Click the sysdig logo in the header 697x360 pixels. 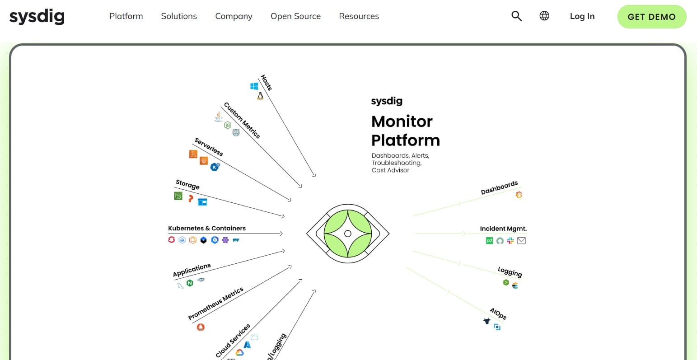tap(37, 17)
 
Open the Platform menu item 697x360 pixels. tap(126, 16)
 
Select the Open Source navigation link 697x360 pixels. tap(295, 16)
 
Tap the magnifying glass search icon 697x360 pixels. tap(516, 16)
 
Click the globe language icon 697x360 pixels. tap(544, 16)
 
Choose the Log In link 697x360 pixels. tap(582, 16)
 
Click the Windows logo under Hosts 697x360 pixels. tap(254, 86)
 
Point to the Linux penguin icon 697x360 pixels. tap(260, 96)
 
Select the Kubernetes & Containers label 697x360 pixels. tap(207, 228)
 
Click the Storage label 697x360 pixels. tap(187, 184)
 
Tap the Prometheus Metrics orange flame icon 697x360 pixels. tap(201, 327)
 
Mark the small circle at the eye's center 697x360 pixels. tap(348, 234)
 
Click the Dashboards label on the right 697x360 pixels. tap(499, 188)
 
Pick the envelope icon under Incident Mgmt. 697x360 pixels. tap(521, 241)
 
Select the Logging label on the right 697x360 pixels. tap(510, 271)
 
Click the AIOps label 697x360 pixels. tap(498, 313)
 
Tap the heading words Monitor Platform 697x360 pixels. tap(405, 131)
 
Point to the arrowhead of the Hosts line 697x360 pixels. tap(314, 175)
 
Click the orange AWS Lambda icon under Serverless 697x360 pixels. tap(193, 154)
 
